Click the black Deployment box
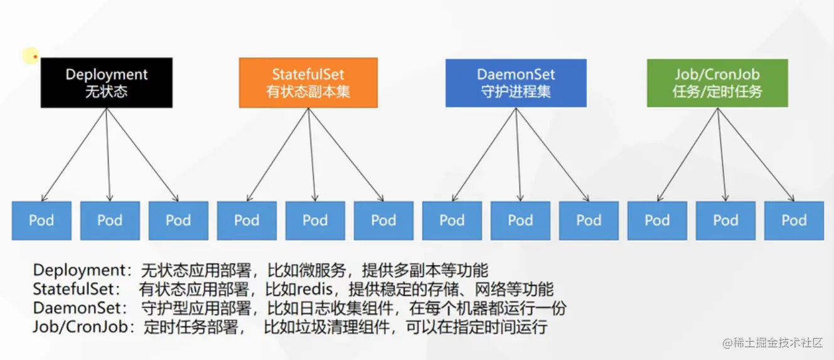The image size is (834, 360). click(x=106, y=83)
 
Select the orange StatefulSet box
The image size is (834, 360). click(x=308, y=83)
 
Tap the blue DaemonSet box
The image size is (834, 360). click(x=516, y=83)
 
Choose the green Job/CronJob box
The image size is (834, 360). click(x=717, y=83)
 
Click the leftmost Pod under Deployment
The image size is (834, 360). click(x=41, y=220)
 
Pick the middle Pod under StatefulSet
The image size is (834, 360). click(x=315, y=220)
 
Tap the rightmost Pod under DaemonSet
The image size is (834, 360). click(x=589, y=220)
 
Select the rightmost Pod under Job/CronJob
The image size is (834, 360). click(x=794, y=220)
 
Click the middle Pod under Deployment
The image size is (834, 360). click(x=110, y=220)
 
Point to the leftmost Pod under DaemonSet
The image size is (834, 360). click(x=452, y=220)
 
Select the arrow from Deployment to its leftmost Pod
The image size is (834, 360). click(x=75, y=154)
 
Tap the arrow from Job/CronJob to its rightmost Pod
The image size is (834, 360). click(x=756, y=154)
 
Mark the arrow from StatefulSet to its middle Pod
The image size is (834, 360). click(x=312, y=154)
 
